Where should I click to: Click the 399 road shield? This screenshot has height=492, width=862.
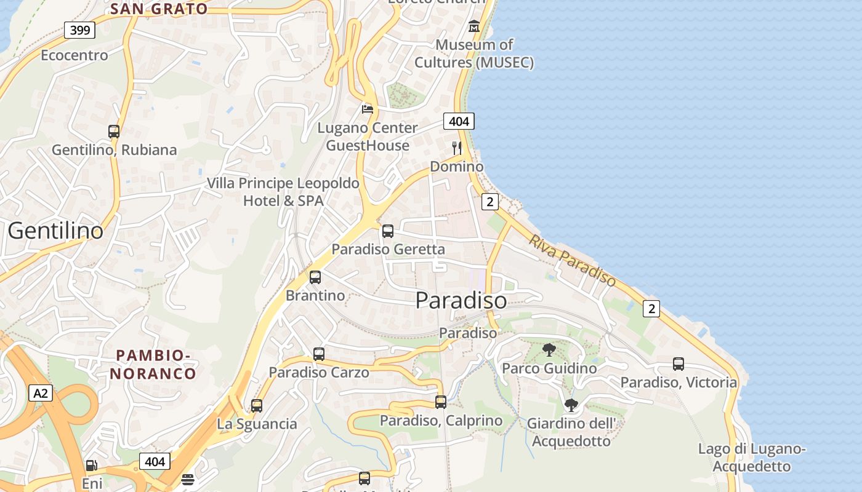[79, 30]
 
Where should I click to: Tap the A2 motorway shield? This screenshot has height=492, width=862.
[41, 393]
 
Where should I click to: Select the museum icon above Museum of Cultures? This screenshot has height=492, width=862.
[474, 26]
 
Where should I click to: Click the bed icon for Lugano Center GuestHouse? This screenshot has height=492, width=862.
[368, 109]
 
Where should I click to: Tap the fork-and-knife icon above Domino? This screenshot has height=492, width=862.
[456, 148]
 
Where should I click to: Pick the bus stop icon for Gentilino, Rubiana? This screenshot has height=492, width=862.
[114, 131]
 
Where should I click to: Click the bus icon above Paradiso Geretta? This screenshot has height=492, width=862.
[388, 231]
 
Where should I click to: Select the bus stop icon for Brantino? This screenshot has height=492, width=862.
[315, 277]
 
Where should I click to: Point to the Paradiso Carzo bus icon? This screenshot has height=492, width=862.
[319, 354]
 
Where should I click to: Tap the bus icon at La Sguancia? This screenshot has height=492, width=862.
[257, 406]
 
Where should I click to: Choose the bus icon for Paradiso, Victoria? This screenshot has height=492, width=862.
[679, 364]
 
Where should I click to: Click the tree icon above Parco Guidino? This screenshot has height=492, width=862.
[549, 350]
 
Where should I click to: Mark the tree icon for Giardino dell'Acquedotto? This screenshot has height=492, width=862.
[571, 405]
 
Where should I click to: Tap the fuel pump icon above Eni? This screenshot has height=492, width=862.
[91, 466]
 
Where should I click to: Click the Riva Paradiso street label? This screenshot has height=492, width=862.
[573, 261]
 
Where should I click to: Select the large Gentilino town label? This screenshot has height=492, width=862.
[56, 231]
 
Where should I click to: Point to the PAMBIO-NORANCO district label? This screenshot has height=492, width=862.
[156, 364]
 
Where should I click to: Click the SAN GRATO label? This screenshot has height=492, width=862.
[159, 9]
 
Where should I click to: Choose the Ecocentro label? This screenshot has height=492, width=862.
[75, 55]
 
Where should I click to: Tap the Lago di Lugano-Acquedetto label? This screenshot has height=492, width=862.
[752, 458]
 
